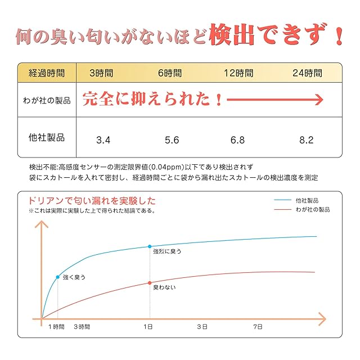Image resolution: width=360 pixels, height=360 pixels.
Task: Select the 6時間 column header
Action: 169,73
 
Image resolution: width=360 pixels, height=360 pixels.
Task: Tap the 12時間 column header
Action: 238,73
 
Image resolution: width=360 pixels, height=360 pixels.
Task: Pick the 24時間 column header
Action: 308,73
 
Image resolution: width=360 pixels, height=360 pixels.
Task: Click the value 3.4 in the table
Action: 103,139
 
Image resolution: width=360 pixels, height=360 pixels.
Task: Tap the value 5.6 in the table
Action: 172,139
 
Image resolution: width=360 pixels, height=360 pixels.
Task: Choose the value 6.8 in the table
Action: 238,139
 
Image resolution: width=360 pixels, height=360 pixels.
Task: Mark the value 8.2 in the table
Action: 307,139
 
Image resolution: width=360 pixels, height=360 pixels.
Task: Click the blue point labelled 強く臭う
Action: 58,277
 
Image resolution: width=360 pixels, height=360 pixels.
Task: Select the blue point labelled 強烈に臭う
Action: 150,246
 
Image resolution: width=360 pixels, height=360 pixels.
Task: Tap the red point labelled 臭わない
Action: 150,282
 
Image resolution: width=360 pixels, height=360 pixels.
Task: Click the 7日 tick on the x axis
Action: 258,326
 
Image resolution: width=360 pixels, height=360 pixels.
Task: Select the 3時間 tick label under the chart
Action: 82,326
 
